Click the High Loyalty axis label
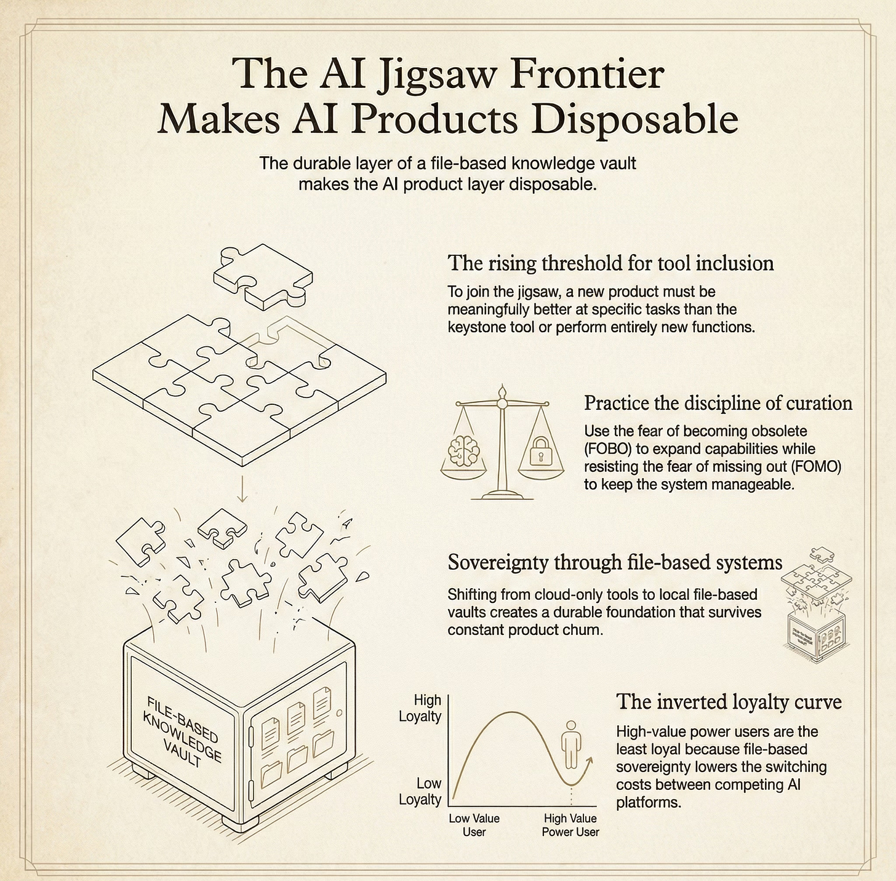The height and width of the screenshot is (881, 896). (x=420, y=708)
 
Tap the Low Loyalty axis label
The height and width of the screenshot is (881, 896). (x=421, y=792)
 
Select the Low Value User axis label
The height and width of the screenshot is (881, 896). (x=474, y=825)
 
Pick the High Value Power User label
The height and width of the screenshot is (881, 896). (x=570, y=825)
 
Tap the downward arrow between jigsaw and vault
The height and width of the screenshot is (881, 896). (x=242, y=490)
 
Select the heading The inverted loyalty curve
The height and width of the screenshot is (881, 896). (x=729, y=702)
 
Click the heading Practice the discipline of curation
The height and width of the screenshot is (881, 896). (x=718, y=404)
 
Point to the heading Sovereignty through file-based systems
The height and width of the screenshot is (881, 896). (x=615, y=562)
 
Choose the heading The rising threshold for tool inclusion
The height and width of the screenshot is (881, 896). (x=610, y=263)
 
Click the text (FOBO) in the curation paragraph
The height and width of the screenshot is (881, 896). (x=608, y=449)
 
